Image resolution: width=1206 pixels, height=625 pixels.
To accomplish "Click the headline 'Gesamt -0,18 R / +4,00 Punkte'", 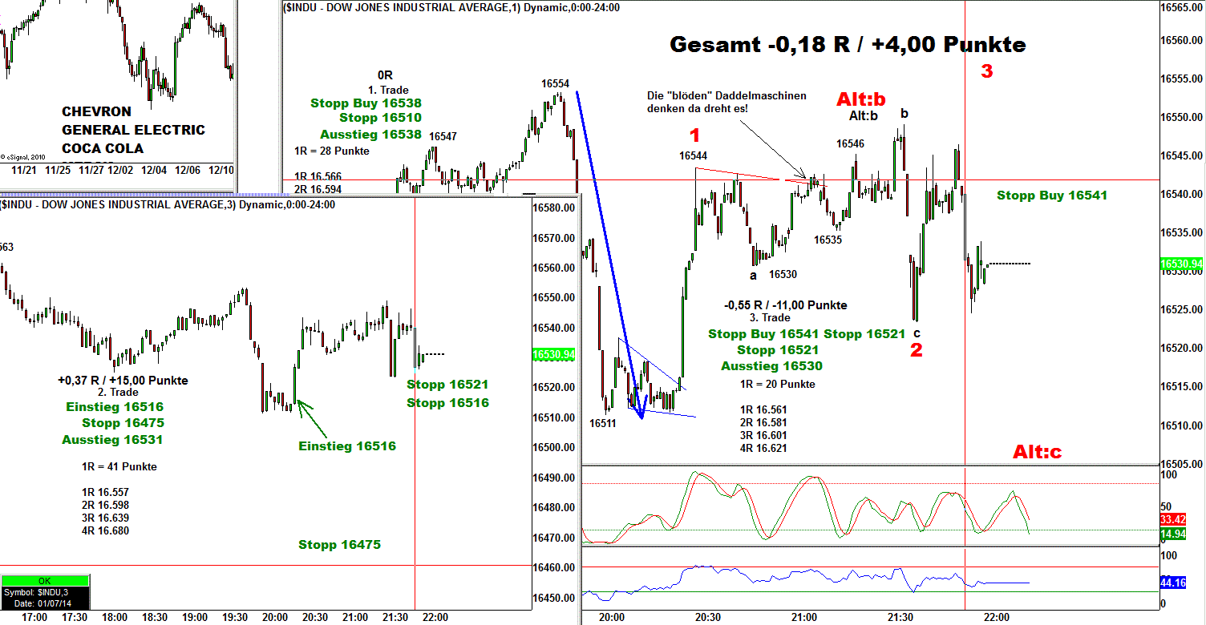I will (848, 45).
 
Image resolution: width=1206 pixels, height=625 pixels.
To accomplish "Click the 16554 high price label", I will (555, 83).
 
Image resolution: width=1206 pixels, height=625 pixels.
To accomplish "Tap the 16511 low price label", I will (602, 422).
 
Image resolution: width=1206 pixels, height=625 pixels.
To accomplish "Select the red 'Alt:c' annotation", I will (1037, 453).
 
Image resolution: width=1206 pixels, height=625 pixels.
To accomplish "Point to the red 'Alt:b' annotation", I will (861, 99).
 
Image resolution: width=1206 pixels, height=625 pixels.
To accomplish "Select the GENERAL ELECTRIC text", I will (133, 130).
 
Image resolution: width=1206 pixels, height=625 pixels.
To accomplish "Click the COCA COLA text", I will (103, 148).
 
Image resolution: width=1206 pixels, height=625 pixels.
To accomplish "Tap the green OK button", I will (44, 581).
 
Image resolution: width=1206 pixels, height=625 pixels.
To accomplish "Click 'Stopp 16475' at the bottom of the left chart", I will (339, 545).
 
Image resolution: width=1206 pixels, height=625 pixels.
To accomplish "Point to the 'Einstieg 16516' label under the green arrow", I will (346, 446).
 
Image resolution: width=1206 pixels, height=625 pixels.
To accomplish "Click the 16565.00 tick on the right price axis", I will (1183, 7).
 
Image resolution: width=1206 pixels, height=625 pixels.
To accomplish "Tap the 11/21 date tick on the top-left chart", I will (22, 171).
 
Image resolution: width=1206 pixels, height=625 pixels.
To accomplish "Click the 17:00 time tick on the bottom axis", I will (34, 618).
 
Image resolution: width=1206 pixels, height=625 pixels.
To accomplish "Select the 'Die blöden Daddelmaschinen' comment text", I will (726, 102).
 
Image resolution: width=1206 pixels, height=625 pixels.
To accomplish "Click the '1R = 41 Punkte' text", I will (119, 467).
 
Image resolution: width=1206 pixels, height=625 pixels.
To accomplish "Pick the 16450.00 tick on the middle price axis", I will (554, 598).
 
